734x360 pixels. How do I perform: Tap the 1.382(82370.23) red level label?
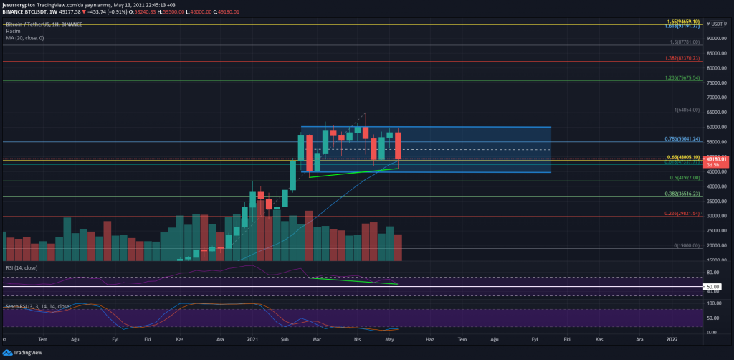(682, 58)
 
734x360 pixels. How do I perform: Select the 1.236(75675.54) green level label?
(682, 77)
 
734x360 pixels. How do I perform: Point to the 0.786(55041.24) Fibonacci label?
(682, 138)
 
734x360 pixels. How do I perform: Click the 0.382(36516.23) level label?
(682, 194)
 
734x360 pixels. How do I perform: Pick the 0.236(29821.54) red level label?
(682, 213)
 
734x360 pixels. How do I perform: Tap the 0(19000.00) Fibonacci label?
(686, 245)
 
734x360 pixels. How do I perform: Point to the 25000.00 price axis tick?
(718, 231)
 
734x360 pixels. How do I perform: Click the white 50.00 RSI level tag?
(718, 286)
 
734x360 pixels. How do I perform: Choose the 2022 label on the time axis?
(672, 337)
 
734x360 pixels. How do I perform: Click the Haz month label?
(430, 337)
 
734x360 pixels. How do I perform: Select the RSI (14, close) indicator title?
(20, 267)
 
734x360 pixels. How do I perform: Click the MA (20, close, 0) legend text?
(24, 37)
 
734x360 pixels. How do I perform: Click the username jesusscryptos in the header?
(19, 4)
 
